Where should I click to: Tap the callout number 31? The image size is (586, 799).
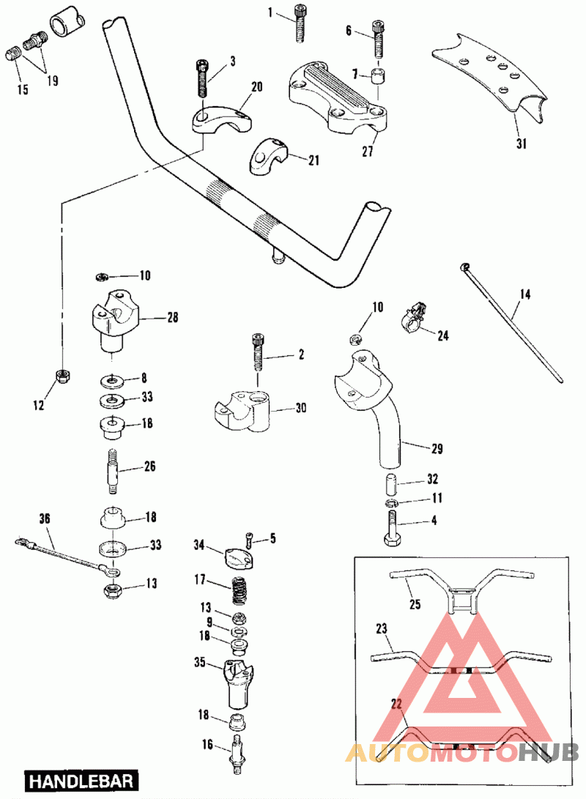[x=521, y=144]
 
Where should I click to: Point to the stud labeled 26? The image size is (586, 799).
[x=115, y=469]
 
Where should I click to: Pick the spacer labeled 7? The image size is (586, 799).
[x=377, y=78]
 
